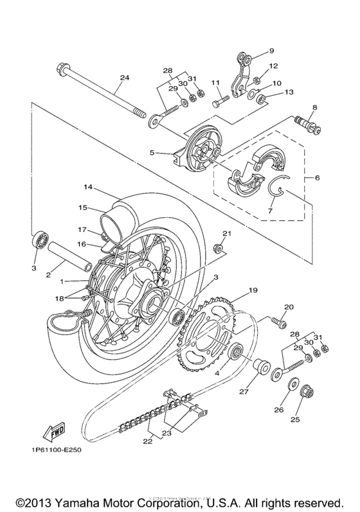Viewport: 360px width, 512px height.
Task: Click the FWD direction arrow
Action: click(54, 432)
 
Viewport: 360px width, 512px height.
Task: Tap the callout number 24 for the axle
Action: click(125, 78)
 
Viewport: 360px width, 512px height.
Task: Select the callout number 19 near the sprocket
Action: click(253, 290)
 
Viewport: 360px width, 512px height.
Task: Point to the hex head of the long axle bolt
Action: click(62, 69)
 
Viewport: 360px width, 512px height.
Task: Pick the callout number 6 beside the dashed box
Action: click(317, 178)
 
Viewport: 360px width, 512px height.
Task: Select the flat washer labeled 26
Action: click(292, 385)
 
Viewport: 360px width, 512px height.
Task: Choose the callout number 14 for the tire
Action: click(88, 187)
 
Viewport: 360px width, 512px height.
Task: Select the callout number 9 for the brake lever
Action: click(271, 51)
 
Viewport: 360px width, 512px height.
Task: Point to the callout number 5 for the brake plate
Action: click(151, 152)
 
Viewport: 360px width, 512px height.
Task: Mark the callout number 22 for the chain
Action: click(148, 441)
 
